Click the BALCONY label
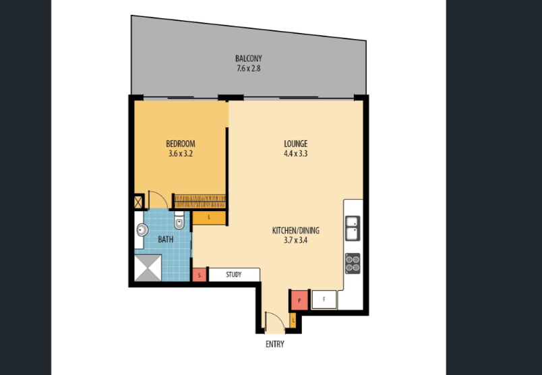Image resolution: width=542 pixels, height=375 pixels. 249,58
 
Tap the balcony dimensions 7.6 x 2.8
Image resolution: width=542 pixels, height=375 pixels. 249,69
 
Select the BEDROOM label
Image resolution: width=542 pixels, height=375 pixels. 181,144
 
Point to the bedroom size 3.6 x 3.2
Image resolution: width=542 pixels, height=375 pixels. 181,154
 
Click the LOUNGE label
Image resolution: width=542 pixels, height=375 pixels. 295,144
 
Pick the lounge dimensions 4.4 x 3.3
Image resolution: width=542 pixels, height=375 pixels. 295,154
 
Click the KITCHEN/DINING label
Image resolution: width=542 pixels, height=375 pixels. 295,231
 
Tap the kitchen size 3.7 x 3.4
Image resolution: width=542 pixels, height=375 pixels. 295,240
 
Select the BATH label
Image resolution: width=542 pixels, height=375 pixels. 166,239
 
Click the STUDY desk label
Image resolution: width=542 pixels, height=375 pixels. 234,275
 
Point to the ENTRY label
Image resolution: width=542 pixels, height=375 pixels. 275,344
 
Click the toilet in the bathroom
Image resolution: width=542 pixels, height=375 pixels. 179,221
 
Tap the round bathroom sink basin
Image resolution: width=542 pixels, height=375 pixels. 142,230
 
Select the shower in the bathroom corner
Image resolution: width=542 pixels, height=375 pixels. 148,268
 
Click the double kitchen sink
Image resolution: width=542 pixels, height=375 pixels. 353,229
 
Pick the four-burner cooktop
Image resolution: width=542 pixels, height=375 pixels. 353,264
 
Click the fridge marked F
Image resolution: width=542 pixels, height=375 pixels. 324,299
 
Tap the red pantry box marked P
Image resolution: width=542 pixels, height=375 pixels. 299,300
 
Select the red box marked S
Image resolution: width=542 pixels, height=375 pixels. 199,275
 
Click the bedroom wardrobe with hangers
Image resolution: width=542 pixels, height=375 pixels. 200,202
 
